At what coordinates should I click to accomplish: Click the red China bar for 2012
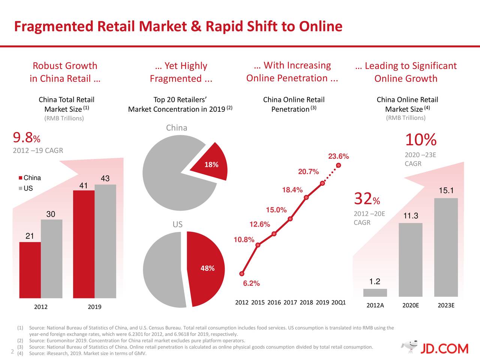[30, 270]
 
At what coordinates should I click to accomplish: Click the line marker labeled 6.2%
[242, 274]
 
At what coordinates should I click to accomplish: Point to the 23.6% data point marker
[339, 165]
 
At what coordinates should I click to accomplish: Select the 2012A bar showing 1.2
[375, 293]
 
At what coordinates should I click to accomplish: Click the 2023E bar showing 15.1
[446, 247]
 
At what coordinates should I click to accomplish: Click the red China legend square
[21, 178]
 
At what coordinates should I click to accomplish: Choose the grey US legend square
[21, 188]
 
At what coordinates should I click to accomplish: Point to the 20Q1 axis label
[339, 303]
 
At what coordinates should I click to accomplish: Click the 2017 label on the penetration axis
[290, 303]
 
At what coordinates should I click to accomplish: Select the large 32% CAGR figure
[367, 199]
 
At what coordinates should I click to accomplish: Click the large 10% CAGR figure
[420, 140]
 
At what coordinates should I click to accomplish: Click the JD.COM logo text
[444, 349]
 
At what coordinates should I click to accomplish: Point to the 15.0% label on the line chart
[276, 210]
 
